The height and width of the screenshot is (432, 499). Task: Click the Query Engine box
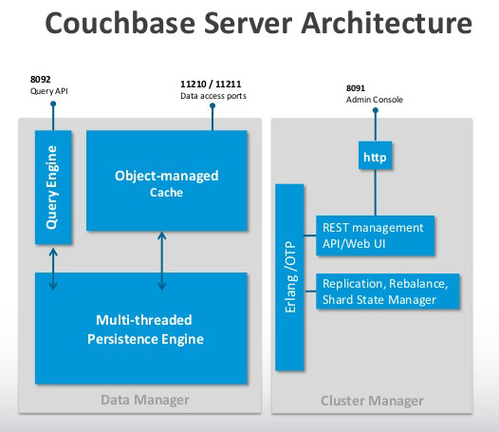(53, 187)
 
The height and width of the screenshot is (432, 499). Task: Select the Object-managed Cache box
(167, 180)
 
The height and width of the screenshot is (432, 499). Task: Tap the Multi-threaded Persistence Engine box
(141, 329)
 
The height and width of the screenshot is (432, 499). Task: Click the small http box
(376, 155)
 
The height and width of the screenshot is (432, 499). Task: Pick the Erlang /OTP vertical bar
(289, 277)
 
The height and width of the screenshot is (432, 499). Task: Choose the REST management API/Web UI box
(376, 235)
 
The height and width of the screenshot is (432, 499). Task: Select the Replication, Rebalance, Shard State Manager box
(388, 291)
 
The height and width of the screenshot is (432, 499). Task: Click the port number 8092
(41, 79)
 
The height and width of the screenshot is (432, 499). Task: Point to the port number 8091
(356, 88)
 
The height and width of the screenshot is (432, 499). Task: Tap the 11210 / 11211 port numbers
(211, 85)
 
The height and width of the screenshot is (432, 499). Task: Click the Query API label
(49, 91)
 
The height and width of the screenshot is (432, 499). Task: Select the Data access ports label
(213, 96)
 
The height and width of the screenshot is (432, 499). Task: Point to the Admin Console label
(375, 100)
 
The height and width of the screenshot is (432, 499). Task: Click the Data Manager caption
(145, 400)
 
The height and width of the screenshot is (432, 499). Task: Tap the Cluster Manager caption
(372, 401)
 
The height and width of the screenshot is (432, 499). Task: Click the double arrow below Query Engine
(53, 270)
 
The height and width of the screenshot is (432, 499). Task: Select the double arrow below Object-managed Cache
(162, 260)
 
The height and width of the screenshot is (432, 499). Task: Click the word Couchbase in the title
(120, 23)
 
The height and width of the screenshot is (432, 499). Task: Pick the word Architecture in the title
(387, 23)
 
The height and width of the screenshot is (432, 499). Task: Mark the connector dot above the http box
(376, 110)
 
